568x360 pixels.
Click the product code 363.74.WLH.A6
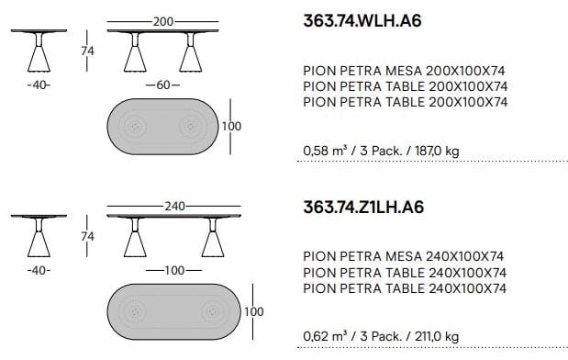pos(362,21)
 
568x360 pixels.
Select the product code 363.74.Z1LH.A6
pos(363,207)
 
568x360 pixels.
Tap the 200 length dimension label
pos(163,22)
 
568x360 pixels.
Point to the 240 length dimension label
pos(174,207)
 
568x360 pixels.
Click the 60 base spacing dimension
pos(163,84)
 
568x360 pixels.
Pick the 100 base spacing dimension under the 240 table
pos(174,270)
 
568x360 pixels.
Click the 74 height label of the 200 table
pos(88,51)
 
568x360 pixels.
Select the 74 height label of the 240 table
pos(88,236)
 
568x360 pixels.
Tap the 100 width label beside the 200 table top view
pos(231,126)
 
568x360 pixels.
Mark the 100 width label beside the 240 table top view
pos(253,311)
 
